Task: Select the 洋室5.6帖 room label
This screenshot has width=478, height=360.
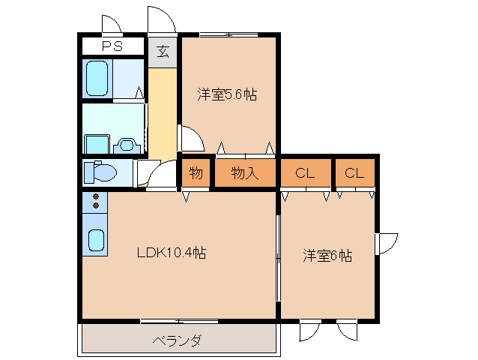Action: [x=227, y=94]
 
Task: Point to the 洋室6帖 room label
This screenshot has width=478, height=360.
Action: [x=327, y=255]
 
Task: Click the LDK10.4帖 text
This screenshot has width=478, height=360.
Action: [x=171, y=253]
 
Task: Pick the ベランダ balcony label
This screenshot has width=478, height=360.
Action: [x=177, y=341]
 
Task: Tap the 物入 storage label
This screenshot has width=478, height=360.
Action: [x=245, y=173]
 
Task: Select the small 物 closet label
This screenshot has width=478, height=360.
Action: [x=196, y=173]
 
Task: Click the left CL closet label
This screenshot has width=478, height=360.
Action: [x=303, y=173]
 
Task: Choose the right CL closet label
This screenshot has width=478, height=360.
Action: [x=354, y=173]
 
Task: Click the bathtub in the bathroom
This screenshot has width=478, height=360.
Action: [x=98, y=78]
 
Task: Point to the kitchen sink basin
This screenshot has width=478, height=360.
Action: [x=96, y=239]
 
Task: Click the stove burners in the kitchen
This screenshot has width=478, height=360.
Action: [x=96, y=201]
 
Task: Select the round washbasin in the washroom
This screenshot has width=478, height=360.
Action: [x=127, y=143]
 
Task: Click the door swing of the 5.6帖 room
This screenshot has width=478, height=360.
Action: [x=190, y=139]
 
